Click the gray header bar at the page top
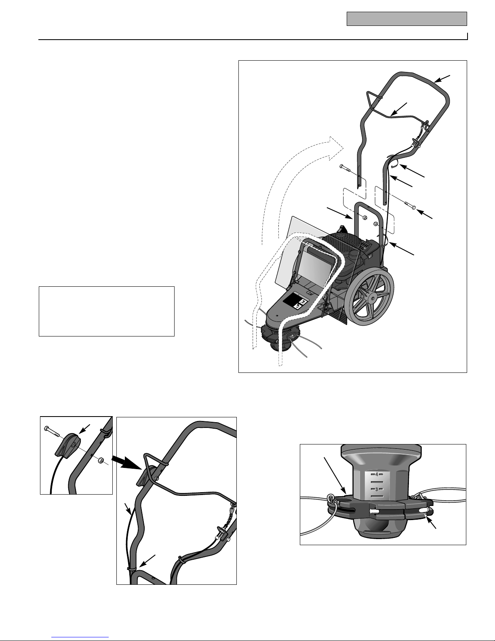click(407, 19)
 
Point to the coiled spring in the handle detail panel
click(232, 509)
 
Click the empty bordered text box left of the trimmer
click(107, 311)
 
